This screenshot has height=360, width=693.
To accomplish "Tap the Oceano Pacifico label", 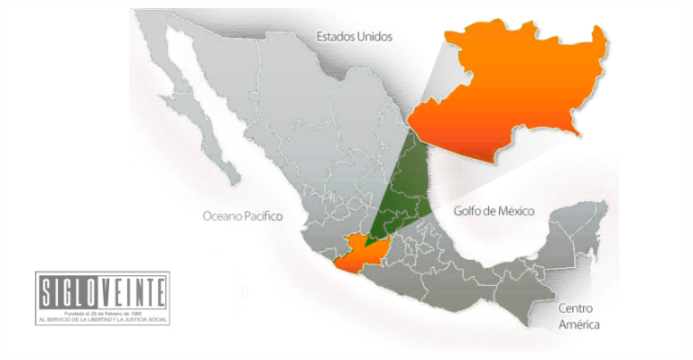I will pos(243,217).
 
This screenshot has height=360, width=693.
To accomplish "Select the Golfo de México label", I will pos(494,210).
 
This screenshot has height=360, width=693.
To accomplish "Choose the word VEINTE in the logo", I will pos(132,291).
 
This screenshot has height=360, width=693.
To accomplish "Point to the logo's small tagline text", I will pos(103,316).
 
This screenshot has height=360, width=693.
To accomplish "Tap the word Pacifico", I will pos(263,217).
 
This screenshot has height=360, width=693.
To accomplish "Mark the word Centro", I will pos(578,308).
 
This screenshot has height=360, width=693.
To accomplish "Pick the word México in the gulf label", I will pos(515,210).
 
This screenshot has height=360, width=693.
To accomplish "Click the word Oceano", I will pos(221,217).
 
